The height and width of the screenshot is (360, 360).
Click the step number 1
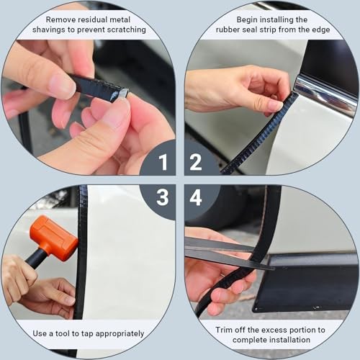163,162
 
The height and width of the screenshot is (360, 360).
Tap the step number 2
196,162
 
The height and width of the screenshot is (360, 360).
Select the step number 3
163,197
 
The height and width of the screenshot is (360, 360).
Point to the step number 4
196,197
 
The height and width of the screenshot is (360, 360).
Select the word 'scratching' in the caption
126,30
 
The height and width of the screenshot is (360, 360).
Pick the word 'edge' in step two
321,30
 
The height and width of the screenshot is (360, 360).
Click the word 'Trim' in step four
224,330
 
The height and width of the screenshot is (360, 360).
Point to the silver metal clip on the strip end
123,93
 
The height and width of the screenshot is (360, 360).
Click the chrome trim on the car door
326,93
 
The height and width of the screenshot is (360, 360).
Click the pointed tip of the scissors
274,269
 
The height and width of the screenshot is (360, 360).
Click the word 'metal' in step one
120,19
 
